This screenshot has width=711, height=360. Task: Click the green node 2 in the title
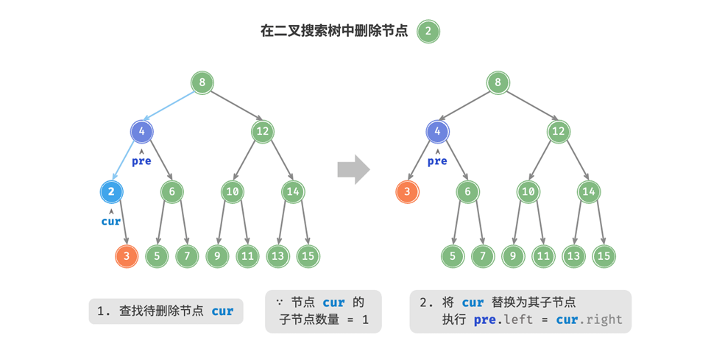428,32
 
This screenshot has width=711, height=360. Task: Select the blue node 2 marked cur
111,192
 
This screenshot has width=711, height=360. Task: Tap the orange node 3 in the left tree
127,255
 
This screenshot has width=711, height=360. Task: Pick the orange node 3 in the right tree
407,192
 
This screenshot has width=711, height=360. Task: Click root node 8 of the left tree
202,82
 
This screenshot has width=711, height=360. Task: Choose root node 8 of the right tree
498,82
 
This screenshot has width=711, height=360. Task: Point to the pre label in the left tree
141,160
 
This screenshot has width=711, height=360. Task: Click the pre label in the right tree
437,160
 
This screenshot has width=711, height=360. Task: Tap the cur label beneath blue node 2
111,221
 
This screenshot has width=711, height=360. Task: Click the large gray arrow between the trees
353,169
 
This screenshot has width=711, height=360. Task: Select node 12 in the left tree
263,133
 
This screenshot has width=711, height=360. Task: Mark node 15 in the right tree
604,255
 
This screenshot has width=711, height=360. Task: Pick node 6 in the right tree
467,192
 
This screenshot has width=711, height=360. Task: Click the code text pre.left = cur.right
548,320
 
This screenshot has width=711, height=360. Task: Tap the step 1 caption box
166,311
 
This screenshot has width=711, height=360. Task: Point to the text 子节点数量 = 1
324,320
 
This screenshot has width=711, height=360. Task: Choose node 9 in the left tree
218,255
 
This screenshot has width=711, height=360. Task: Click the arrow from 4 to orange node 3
422,163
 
